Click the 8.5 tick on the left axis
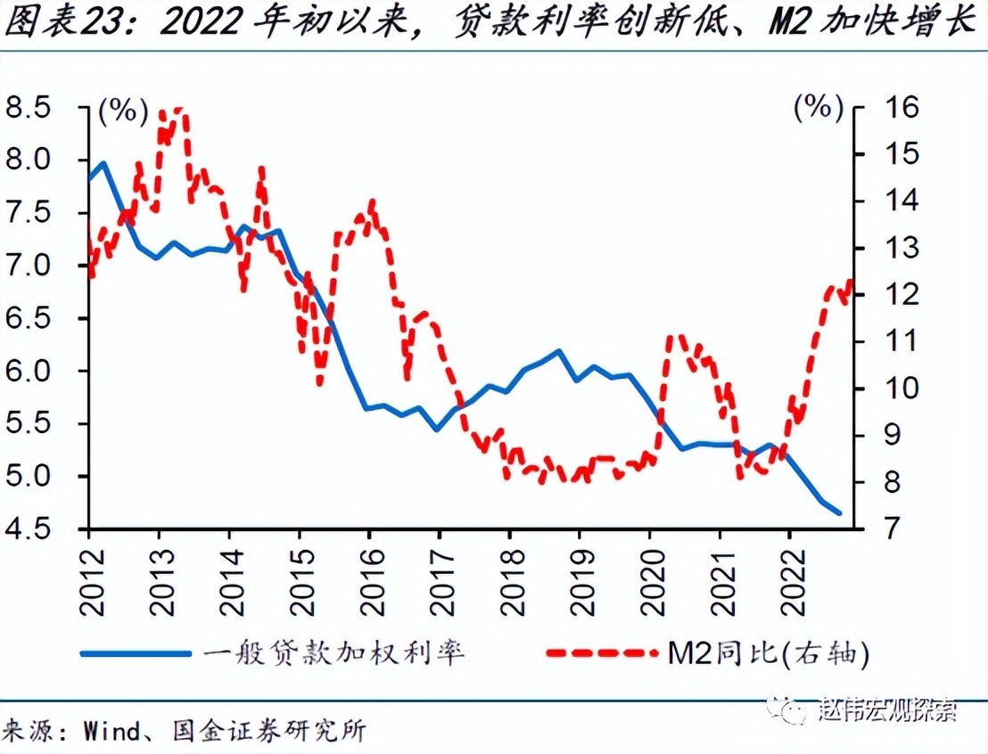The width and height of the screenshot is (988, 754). point(31,108)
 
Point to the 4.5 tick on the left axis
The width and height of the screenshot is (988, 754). point(31,529)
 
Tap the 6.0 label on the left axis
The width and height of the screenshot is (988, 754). point(31,372)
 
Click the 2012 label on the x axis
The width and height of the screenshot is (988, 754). point(89,579)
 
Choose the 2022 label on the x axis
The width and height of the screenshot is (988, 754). point(790,579)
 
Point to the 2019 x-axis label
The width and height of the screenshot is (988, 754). point(580,579)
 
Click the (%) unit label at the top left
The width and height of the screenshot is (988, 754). point(122,111)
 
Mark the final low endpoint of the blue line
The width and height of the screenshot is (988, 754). point(839,513)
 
